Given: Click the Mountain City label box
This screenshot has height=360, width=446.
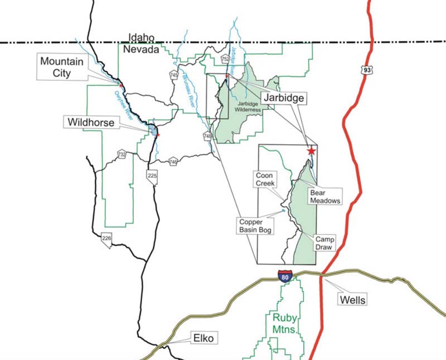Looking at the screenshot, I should (61, 67).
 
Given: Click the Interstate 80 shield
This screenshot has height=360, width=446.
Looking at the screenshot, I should (284, 274).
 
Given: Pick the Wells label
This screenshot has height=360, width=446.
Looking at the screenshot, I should (352, 300).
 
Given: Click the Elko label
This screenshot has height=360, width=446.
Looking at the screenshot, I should (203, 338).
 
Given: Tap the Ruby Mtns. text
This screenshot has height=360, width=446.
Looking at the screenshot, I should (286, 323).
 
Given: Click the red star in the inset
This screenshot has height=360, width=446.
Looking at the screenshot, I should (311, 151).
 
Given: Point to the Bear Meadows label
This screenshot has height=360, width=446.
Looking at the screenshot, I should (324, 197).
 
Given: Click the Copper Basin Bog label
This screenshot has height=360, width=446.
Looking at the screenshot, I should (254, 225).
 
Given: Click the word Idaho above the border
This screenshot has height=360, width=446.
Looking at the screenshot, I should (140, 37).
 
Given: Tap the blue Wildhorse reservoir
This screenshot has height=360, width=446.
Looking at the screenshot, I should (152, 131).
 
